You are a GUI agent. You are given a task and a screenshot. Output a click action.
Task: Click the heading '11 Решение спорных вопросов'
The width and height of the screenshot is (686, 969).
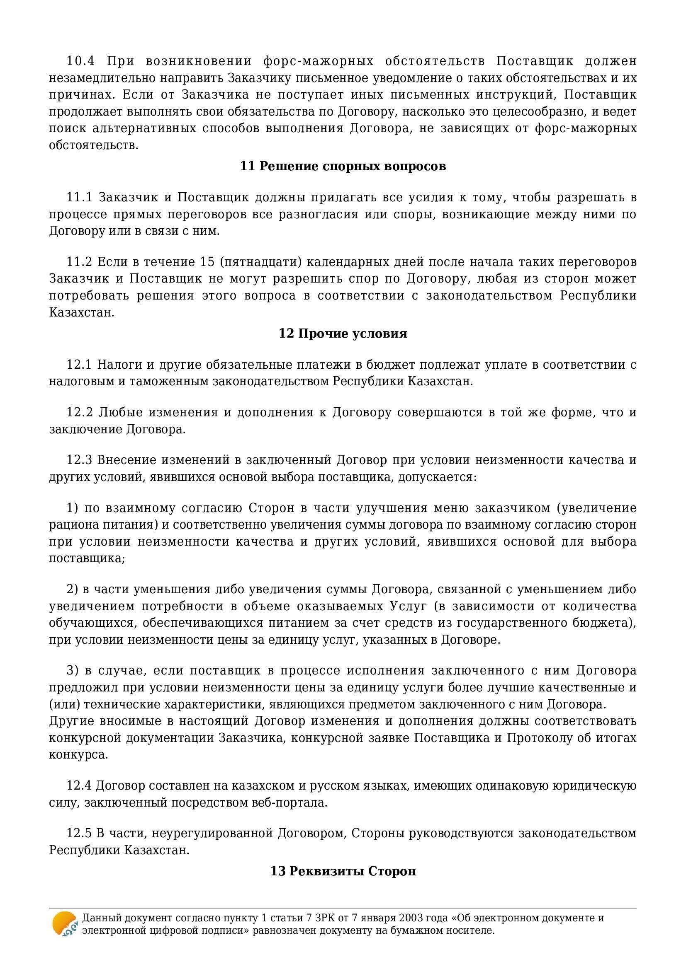pos(343,166)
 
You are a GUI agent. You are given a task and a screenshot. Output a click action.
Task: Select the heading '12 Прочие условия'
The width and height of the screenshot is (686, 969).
pos(343,333)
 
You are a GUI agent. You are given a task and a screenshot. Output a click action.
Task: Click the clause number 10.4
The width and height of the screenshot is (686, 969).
pos(80,61)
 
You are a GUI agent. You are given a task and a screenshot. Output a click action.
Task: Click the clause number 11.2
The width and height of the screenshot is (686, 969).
pos(79,262)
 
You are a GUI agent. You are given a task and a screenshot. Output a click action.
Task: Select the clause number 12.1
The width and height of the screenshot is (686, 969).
pos(79,364)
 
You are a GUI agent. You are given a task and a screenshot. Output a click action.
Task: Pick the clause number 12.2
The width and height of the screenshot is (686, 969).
pos(79,412)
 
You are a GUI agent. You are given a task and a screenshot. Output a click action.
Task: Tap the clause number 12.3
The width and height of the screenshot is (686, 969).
pos(79,459)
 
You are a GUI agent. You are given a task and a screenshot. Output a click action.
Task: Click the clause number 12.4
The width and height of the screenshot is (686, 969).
pos(79,785)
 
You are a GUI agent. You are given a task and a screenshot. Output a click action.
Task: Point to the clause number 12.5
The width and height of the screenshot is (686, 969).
pos(79,833)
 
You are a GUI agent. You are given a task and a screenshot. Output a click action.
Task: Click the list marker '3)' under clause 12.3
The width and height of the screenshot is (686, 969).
pos(73,670)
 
